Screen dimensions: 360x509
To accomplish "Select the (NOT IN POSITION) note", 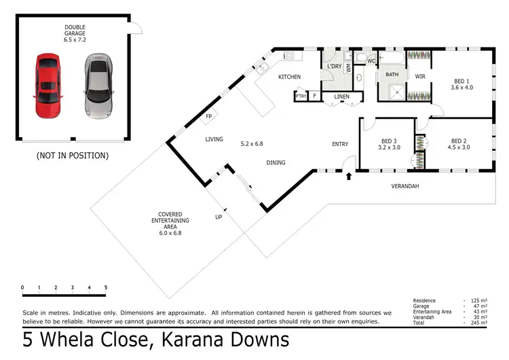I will point(72,156).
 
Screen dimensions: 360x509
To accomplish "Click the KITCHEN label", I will point(289,77).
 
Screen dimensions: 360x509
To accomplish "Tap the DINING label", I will point(276,162).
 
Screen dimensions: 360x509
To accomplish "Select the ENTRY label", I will point(340,144).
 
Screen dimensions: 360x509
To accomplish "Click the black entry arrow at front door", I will point(350,177).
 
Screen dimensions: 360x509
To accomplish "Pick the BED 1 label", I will point(461,84).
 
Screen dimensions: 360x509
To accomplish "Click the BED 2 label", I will point(459,144).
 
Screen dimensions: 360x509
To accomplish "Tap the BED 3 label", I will point(389,144).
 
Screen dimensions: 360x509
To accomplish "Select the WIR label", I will point(420,77).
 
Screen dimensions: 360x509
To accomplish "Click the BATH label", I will point(392,74).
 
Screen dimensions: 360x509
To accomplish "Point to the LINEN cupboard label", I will point(341,97).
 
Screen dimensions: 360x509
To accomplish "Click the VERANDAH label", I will point(406,185).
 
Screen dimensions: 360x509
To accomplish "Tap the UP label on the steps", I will point(218,217).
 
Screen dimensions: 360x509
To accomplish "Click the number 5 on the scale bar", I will point(106,287).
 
